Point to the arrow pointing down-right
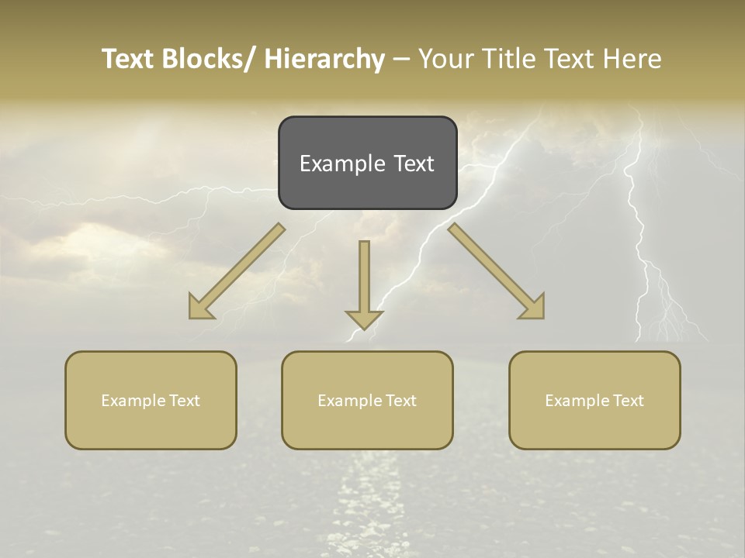(497, 271)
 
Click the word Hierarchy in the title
(324, 59)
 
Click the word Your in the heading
(446, 59)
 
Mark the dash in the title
(401, 59)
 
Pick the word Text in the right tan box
(627, 401)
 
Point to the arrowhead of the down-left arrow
(201, 307)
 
